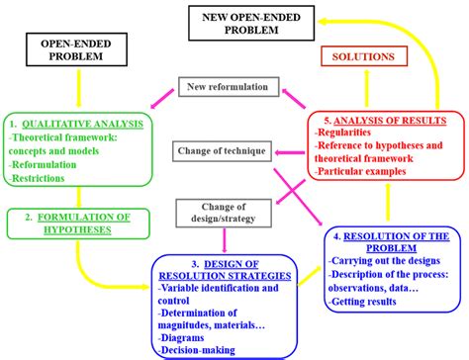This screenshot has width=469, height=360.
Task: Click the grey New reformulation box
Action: coord(222,89)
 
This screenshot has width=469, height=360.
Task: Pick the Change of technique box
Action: coord(222,151)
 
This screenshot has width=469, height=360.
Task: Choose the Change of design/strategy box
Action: coord(222,212)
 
